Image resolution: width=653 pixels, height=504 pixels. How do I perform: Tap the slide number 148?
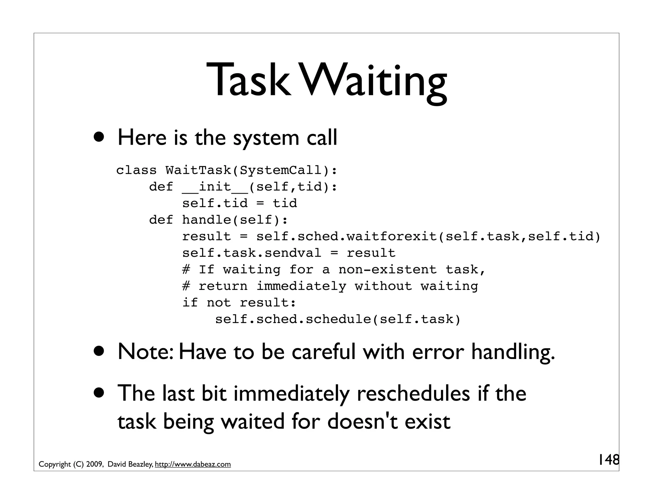[x=608, y=460]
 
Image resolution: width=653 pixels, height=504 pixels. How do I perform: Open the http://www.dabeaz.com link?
[x=193, y=464]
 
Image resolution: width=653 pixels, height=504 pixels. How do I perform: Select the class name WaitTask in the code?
[x=198, y=170]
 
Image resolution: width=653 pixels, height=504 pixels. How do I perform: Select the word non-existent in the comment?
[x=387, y=270]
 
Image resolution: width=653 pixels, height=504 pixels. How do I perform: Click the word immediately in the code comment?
[x=301, y=286]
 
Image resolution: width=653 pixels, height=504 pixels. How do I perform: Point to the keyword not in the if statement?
[x=218, y=303]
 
